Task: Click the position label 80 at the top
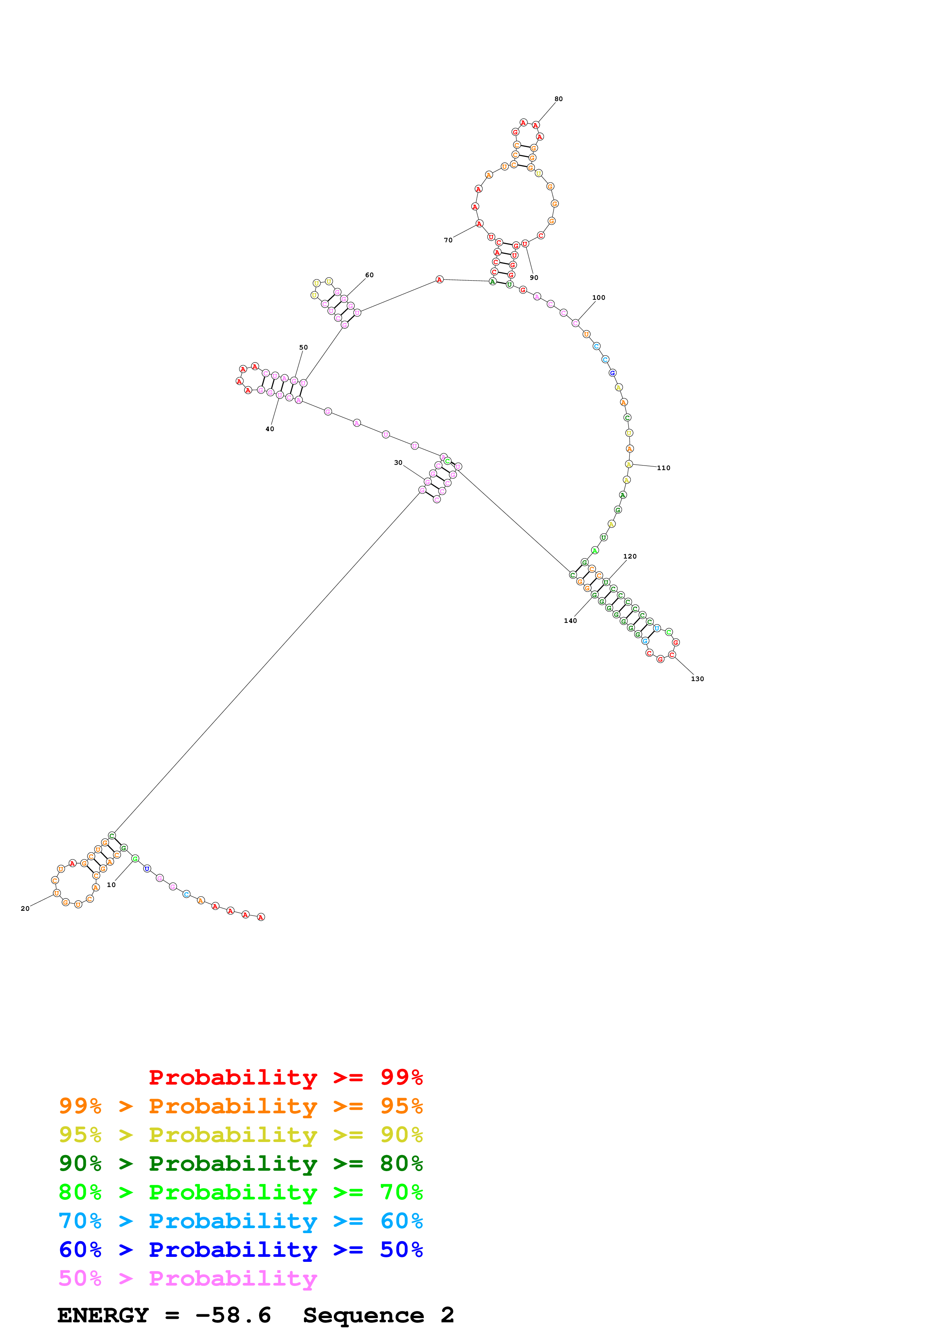point(559,99)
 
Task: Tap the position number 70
point(448,240)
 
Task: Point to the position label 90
point(534,277)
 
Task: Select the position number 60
point(369,275)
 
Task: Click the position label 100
point(598,297)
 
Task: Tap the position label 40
point(270,429)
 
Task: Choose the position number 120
point(629,556)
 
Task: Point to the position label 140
point(570,621)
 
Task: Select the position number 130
point(697,678)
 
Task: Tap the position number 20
point(25,908)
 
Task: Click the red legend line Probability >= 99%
point(285,1077)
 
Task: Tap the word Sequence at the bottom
point(363,1315)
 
